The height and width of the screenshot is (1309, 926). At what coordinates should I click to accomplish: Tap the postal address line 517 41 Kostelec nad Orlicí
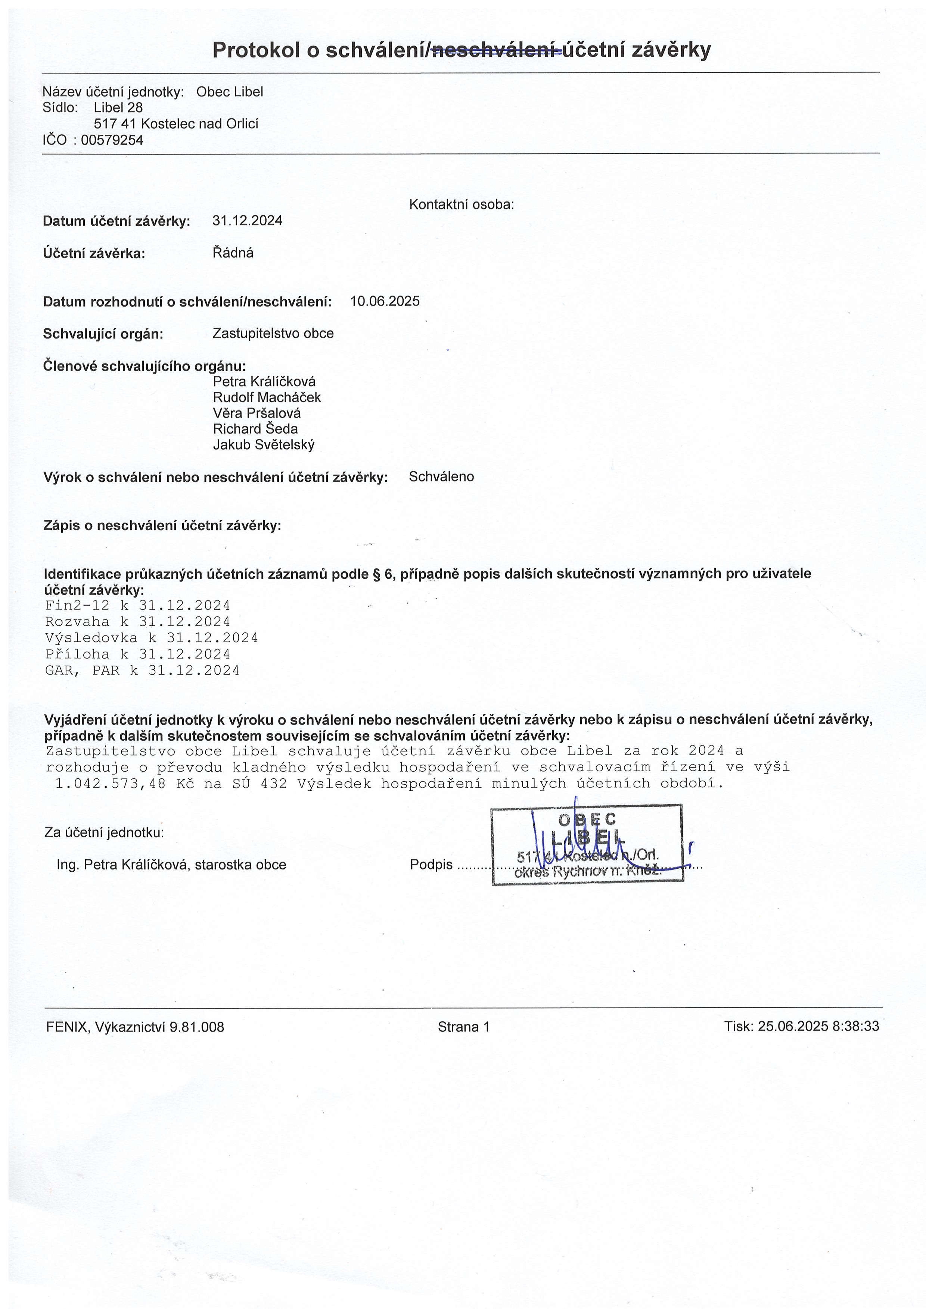[176, 124]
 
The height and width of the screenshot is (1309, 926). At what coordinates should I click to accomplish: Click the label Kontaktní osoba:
[462, 205]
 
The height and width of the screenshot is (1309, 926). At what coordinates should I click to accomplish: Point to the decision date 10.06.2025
[385, 301]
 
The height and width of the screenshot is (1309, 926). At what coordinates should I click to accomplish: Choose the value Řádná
[233, 253]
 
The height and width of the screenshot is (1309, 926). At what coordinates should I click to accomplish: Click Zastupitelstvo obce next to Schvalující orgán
[273, 334]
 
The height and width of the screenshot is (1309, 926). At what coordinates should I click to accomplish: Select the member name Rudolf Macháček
[267, 397]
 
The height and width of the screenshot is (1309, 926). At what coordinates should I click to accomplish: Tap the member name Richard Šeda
[255, 429]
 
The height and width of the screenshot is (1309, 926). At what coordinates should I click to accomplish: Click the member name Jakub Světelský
[264, 445]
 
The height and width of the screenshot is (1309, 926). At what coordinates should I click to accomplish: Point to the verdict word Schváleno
[441, 477]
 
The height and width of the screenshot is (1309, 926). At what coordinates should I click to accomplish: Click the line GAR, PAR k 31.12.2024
[142, 671]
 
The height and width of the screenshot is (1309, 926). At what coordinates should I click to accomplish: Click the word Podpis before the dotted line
[431, 865]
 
